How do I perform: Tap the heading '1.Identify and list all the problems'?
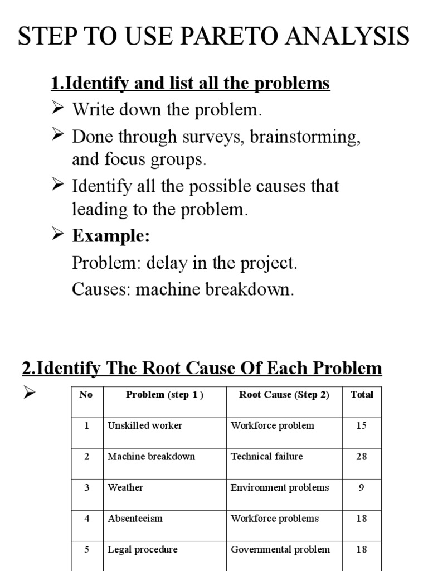(x=190, y=84)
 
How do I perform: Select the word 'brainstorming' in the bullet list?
(x=306, y=137)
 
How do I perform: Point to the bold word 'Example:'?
(x=111, y=236)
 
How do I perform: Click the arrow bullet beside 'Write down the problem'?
(x=58, y=108)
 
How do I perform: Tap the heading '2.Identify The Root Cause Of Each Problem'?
(x=202, y=369)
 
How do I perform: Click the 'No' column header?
(x=86, y=395)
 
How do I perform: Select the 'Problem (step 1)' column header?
(x=164, y=395)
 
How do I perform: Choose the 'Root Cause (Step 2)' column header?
(x=284, y=395)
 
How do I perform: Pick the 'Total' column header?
(x=362, y=395)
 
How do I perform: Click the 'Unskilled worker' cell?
(x=144, y=425)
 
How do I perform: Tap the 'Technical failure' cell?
(x=267, y=456)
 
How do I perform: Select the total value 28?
(x=362, y=456)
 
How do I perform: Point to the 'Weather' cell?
(x=125, y=487)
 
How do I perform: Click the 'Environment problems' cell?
(x=280, y=487)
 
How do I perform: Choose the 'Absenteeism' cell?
(x=135, y=519)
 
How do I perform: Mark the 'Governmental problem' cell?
(x=280, y=549)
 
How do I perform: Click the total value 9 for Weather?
(x=362, y=487)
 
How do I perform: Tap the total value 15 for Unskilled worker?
(x=362, y=425)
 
